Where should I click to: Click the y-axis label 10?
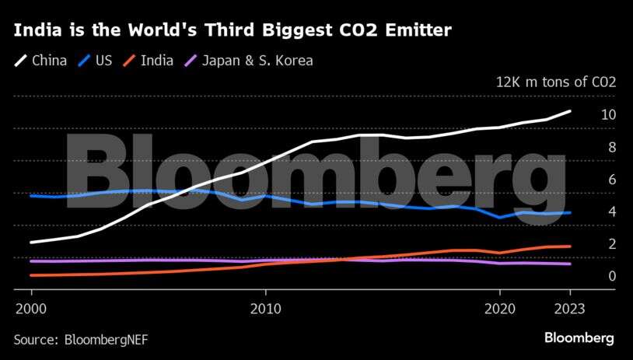pos(608,114)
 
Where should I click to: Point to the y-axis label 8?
pos(612,147)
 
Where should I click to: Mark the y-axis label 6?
pos(612,180)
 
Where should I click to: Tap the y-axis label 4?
pos(612,211)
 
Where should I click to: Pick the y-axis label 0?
pos(612,276)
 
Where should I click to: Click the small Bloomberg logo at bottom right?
pos(579,338)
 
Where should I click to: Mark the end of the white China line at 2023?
pos(571,111)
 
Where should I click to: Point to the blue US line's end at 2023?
pos(571,212)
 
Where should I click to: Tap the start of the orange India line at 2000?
pos(31,275)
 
